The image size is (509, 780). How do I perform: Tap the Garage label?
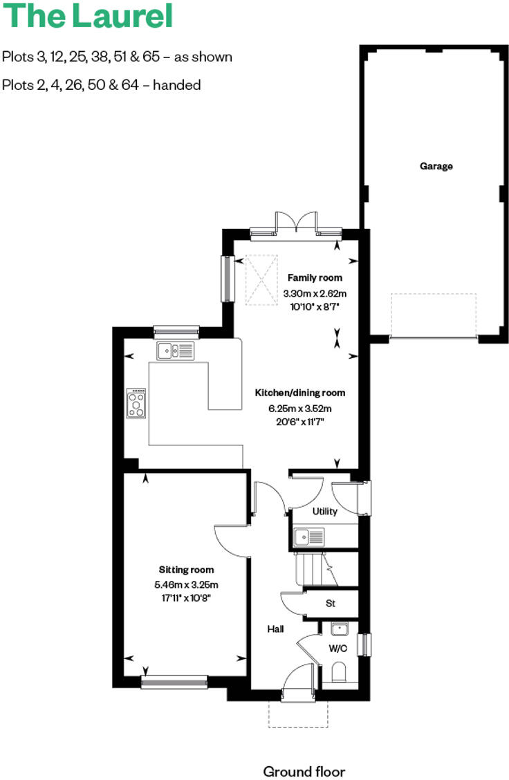click(436, 166)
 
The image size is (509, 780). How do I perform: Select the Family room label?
click(315, 278)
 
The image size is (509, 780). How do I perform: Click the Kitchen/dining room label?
click(300, 393)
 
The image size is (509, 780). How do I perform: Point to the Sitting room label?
click(186, 570)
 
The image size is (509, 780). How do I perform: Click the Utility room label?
click(324, 512)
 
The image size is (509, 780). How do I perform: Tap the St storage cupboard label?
click(331, 603)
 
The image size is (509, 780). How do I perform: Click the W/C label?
click(337, 649)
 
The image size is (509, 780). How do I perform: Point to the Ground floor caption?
click(304, 771)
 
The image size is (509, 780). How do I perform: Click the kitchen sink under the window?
click(176, 351)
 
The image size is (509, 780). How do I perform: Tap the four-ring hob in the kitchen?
click(137, 404)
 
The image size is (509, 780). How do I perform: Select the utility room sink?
click(308, 536)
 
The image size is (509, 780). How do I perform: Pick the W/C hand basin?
click(339, 629)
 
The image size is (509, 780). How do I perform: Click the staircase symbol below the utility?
click(315, 570)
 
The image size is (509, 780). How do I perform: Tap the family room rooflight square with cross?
click(262, 280)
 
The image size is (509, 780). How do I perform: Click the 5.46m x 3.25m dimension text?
click(186, 585)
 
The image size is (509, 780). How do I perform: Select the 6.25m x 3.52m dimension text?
click(300, 408)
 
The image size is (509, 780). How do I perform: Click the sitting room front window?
click(174, 682)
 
